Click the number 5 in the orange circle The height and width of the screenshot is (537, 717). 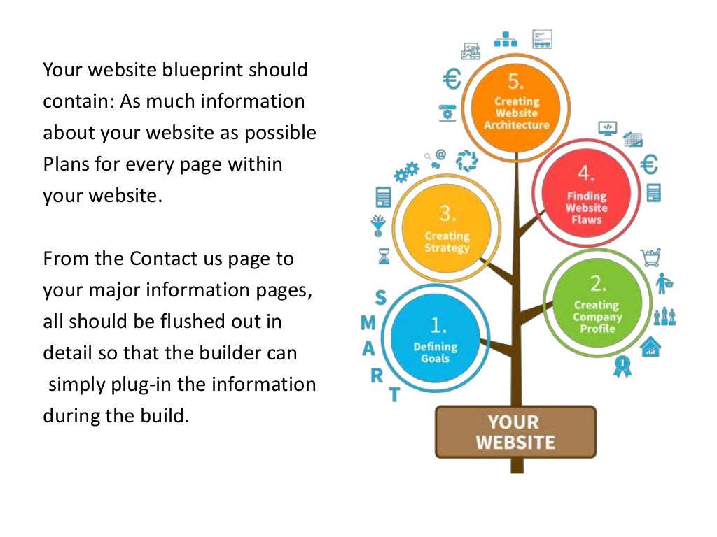(516, 83)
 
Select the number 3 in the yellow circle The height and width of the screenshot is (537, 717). (447, 213)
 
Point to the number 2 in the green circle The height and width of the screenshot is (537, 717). (597, 283)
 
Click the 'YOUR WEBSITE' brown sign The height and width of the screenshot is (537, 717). (515, 432)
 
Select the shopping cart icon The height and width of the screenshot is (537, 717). (650, 258)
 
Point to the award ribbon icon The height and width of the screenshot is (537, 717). (622, 366)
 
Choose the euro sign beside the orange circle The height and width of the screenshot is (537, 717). (452, 80)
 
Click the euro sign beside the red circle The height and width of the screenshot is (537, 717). (650, 165)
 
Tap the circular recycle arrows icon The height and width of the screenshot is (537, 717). (466, 161)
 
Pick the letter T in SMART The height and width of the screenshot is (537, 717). (394, 395)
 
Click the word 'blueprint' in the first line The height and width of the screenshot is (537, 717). (204, 70)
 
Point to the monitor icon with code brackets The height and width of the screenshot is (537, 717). (607, 128)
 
